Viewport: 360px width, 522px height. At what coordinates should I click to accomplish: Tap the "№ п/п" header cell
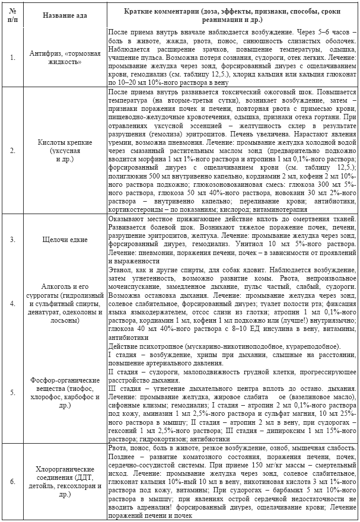(12, 14)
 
